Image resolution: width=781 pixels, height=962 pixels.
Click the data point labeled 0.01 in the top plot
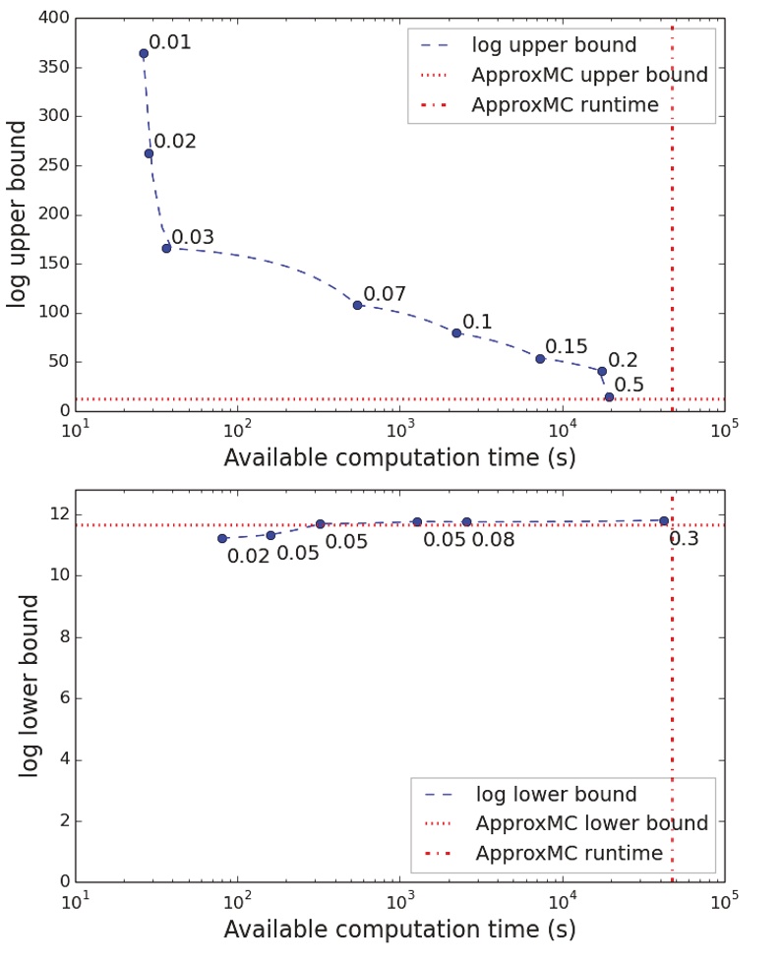tap(144, 53)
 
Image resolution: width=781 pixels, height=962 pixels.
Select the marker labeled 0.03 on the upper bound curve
tap(166, 248)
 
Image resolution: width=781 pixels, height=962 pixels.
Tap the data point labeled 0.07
tap(357, 305)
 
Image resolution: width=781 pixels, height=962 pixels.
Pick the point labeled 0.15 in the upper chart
tap(540, 358)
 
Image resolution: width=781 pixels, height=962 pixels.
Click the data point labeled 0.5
tap(609, 396)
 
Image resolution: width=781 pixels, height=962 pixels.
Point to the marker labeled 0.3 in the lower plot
tap(664, 520)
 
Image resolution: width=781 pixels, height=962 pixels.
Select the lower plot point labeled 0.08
tap(466, 521)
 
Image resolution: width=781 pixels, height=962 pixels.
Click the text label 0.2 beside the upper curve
tap(623, 361)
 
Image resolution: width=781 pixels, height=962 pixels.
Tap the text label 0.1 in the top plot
tap(477, 322)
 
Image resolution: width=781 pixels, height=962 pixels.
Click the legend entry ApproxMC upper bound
tap(589, 75)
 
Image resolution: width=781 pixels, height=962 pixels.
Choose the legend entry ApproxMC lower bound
tap(589, 823)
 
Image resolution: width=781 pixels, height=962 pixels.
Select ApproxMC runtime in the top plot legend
tap(565, 105)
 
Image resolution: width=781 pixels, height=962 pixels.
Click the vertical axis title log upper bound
tap(18, 213)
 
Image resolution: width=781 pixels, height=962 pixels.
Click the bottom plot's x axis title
tap(399, 929)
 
